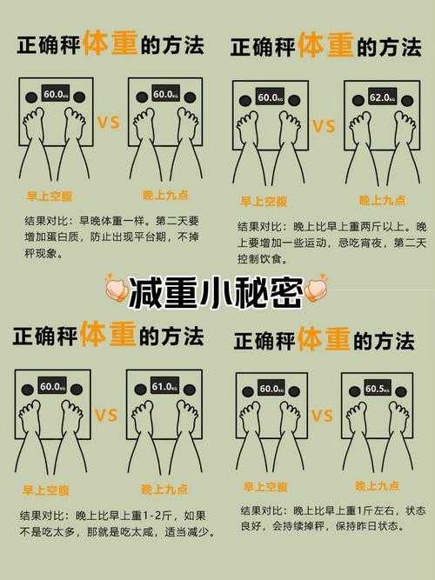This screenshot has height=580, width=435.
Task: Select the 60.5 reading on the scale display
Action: [x=377, y=389]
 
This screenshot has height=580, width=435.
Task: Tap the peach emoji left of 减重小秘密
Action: [x=116, y=290]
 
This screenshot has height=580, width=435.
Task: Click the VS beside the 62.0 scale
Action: [x=323, y=128]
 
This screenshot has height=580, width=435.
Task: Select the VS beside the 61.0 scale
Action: [x=105, y=416]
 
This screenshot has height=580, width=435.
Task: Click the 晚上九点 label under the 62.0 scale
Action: [x=383, y=201]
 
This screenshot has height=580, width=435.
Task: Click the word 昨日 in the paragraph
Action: [x=363, y=527]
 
